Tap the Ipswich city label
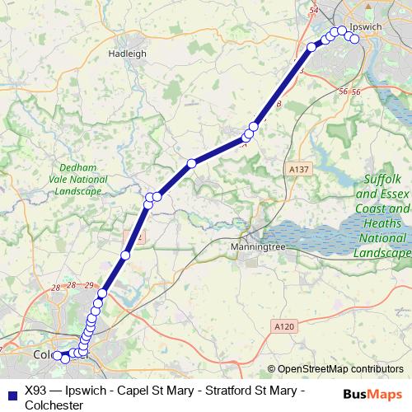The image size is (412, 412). pyautogui.click(x=363, y=27)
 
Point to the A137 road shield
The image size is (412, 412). pyautogui.click(x=299, y=168)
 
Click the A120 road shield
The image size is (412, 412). pyautogui.click(x=283, y=327)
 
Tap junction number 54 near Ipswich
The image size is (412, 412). pyautogui.click(x=312, y=9)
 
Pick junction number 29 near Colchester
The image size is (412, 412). pyautogui.click(x=89, y=285)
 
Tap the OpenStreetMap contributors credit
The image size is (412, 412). pyautogui.click(x=340, y=369)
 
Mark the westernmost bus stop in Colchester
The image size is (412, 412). pyautogui.click(x=57, y=356)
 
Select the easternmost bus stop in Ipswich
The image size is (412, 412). pyautogui.click(x=354, y=38)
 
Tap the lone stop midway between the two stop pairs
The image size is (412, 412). pyautogui.click(x=191, y=163)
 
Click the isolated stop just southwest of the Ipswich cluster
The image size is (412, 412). pyautogui.click(x=311, y=47)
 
